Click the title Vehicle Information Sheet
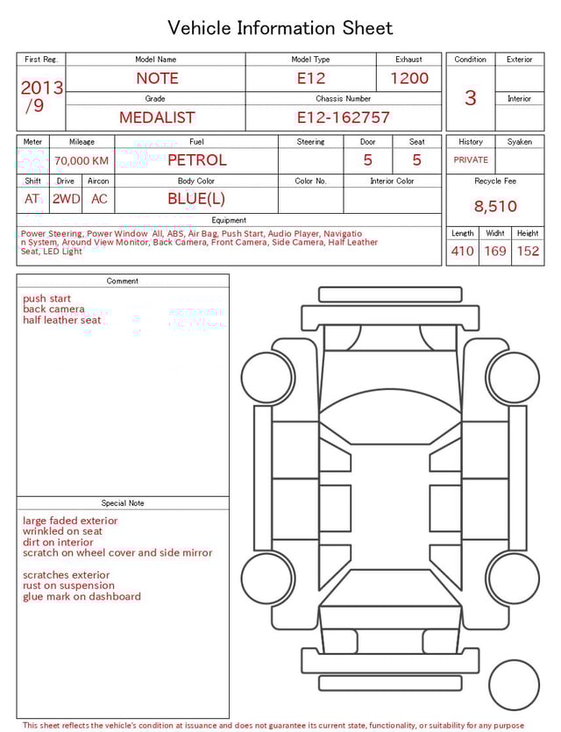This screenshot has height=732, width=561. [x=280, y=28]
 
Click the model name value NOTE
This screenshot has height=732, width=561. [x=157, y=78]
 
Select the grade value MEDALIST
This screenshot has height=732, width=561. [x=157, y=117]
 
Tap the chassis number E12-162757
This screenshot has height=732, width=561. [x=343, y=117]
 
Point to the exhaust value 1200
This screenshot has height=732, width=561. [x=409, y=78]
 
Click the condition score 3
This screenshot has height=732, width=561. [x=471, y=97]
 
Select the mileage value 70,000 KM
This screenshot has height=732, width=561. [x=82, y=160]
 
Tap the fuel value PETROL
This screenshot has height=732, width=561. [x=196, y=160]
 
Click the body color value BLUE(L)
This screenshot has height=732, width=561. [x=196, y=198]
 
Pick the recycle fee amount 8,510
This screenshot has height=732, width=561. [x=495, y=207]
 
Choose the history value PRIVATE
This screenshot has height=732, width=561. [x=471, y=160]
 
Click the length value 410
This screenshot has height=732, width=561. [x=462, y=251]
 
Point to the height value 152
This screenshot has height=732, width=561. [x=528, y=251]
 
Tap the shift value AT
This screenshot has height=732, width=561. [x=32, y=199]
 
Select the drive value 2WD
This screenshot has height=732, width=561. [x=66, y=199]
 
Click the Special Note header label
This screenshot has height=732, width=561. [x=123, y=503]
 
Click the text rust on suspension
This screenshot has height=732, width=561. [x=68, y=586]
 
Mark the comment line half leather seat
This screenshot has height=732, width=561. [x=61, y=320]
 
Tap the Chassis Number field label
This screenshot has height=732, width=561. [x=343, y=99]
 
